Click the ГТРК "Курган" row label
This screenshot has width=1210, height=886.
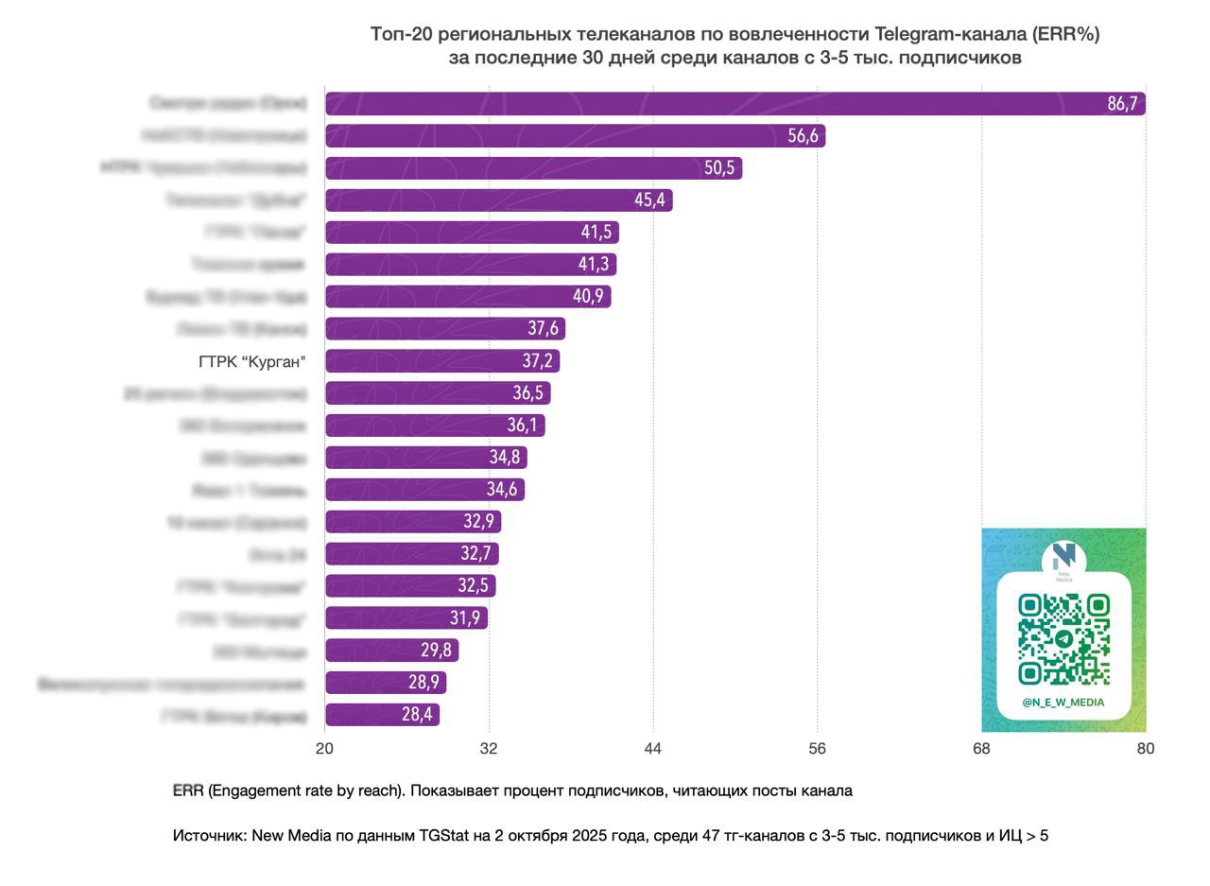pyautogui.click(x=252, y=361)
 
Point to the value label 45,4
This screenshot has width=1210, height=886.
pyautogui.click(x=649, y=200)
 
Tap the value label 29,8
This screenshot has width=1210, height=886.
pyautogui.click(x=436, y=651)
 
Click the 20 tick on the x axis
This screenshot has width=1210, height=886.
pyautogui.click(x=325, y=748)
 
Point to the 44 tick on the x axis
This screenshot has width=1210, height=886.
pyautogui.click(x=653, y=748)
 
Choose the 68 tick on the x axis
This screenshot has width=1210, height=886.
pyautogui.click(x=981, y=748)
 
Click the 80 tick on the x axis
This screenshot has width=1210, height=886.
pyautogui.click(x=1145, y=748)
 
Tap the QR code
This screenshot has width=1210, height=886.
pyautogui.click(x=1063, y=638)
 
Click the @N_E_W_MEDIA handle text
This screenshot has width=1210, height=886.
pyautogui.click(x=1063, y=703)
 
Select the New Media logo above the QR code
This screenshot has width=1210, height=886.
pyautogui.click(x=1063, y=559)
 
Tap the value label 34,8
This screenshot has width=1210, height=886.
pyautogui.click(x=504, y=458)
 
